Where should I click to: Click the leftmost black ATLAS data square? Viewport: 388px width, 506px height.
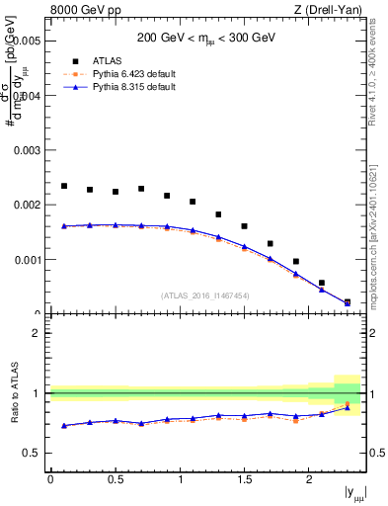(64, 186)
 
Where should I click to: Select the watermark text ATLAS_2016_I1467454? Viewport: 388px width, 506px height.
(205, 295)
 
